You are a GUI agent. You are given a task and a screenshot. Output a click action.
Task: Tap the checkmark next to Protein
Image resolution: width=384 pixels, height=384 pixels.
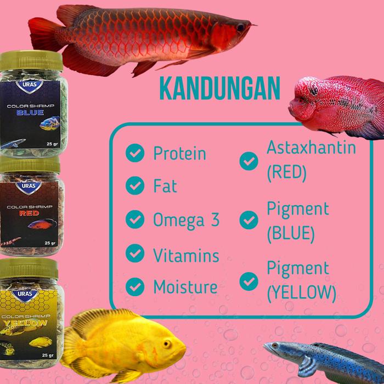[x=135, y=154]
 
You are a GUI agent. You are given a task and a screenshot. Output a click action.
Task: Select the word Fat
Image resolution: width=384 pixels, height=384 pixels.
[x=165, y=186]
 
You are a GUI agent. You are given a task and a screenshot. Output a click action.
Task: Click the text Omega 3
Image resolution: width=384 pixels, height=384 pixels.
[x=187, y=219]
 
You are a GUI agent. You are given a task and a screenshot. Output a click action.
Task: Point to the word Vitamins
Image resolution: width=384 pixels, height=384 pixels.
[x=187, y=255]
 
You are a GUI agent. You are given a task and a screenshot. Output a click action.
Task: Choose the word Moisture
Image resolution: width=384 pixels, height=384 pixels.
[x=185, y=286]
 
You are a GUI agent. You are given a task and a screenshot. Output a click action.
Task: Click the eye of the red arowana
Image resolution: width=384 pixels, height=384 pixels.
[x=240, y=25]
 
